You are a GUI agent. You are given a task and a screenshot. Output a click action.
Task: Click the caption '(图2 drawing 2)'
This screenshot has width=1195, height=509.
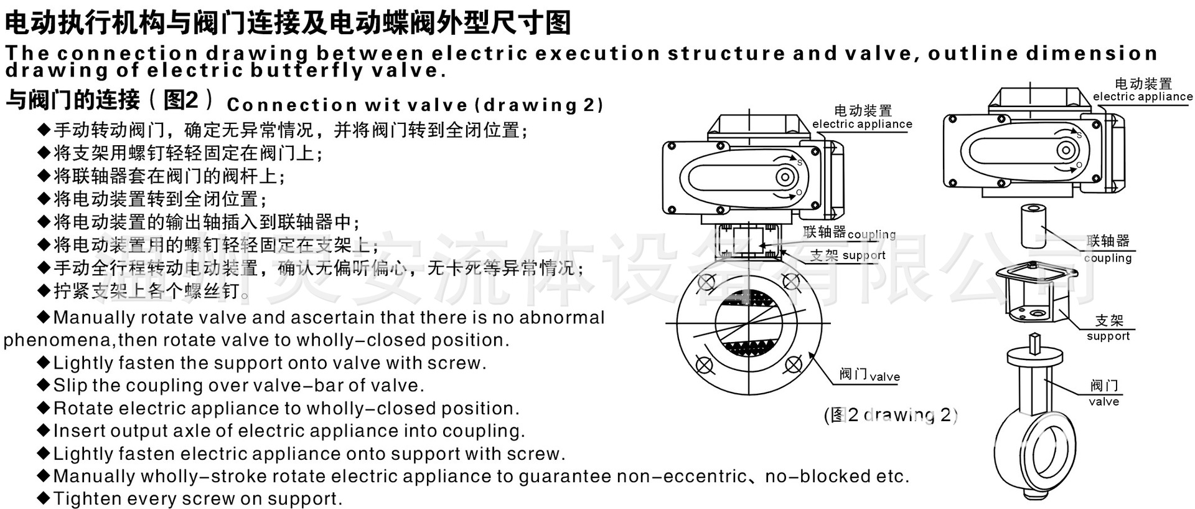(x=891, y=415)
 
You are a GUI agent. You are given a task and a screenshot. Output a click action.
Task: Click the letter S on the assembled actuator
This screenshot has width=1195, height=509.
(x=799, y=163)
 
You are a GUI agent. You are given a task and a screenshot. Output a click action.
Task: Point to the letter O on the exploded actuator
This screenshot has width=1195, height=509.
(x=1079, y=165)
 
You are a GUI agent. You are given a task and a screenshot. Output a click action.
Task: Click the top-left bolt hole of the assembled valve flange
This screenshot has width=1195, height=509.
(x=705, y=283)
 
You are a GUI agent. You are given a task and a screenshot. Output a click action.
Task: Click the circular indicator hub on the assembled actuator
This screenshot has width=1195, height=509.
(x=785, y=178)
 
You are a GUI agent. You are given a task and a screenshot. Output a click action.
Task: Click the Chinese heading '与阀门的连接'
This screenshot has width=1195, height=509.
(x=73, y=100)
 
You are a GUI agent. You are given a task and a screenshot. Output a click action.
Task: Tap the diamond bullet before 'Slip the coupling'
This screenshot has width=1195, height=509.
(x=44, y=385)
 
